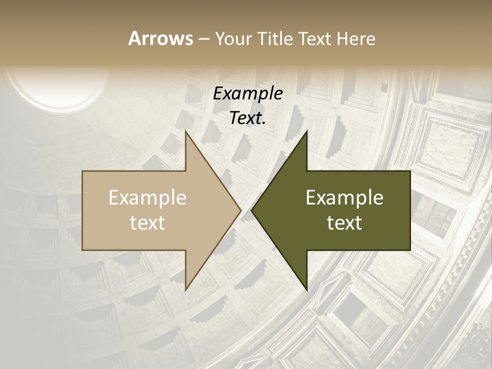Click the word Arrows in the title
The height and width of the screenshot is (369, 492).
(160, 38)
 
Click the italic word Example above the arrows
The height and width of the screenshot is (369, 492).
(248, 93)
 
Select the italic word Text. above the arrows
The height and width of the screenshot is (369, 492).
(248, 118)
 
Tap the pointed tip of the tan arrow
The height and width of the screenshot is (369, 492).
(240, 211)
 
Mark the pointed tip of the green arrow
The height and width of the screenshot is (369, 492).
(252, 211)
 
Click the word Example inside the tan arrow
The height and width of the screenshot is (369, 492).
(148, 198)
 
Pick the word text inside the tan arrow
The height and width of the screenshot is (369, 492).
(148, 223)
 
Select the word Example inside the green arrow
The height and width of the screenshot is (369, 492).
(344, 198)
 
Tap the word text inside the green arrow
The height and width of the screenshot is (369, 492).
(344, 223)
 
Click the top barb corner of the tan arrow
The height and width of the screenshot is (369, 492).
(186, 132)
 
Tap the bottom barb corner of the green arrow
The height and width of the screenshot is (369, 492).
(306, 290)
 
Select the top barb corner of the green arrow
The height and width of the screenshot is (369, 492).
(306, 132)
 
